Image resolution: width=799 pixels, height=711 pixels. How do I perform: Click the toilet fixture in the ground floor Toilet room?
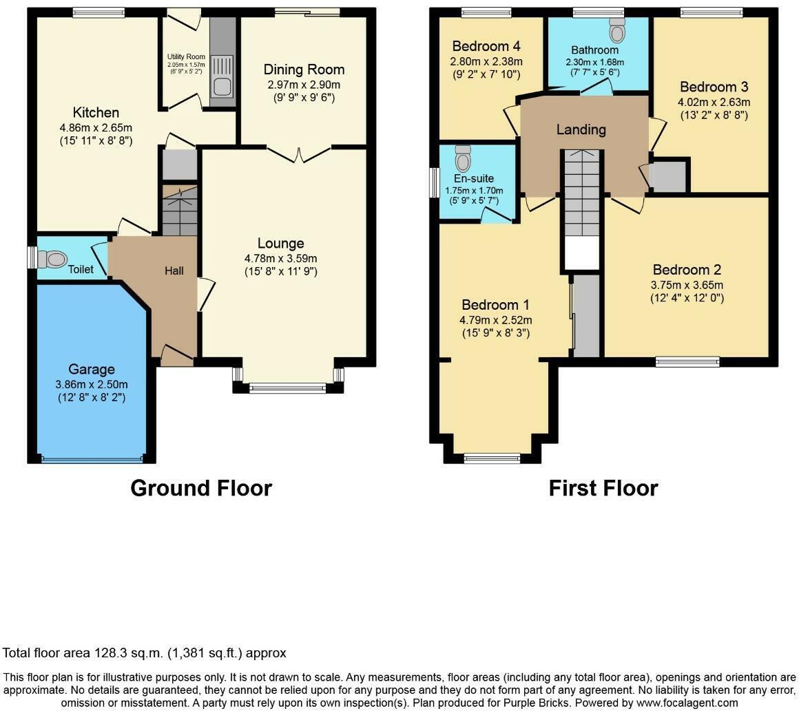coord(52,259)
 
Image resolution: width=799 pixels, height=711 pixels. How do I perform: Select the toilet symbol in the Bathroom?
coord(616,31)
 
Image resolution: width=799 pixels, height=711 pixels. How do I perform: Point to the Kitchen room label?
coord(96,113)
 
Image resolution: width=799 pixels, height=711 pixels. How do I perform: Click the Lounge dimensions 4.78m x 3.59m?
coord(280,258)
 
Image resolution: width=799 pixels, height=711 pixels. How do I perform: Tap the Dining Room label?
coord(304,70)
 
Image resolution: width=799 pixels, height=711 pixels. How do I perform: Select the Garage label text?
coord(91,370)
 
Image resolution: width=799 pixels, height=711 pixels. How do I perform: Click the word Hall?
coord(174,271)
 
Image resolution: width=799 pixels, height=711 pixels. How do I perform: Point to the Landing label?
coord(581,129)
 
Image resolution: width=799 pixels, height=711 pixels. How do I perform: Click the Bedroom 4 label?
coord(486,47)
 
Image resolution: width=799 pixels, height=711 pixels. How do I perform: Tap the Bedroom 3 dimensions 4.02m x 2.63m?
coord(714,102)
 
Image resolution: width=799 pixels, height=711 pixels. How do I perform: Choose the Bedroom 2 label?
coord(687,270)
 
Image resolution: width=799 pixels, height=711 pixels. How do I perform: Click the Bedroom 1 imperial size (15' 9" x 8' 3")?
coord(496,334)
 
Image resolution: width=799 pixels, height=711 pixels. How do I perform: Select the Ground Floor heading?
coord(201,488)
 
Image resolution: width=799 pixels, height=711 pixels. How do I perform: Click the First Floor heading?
coord(603,488)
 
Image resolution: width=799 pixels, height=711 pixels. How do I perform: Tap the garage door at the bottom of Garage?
coord(92,458)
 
